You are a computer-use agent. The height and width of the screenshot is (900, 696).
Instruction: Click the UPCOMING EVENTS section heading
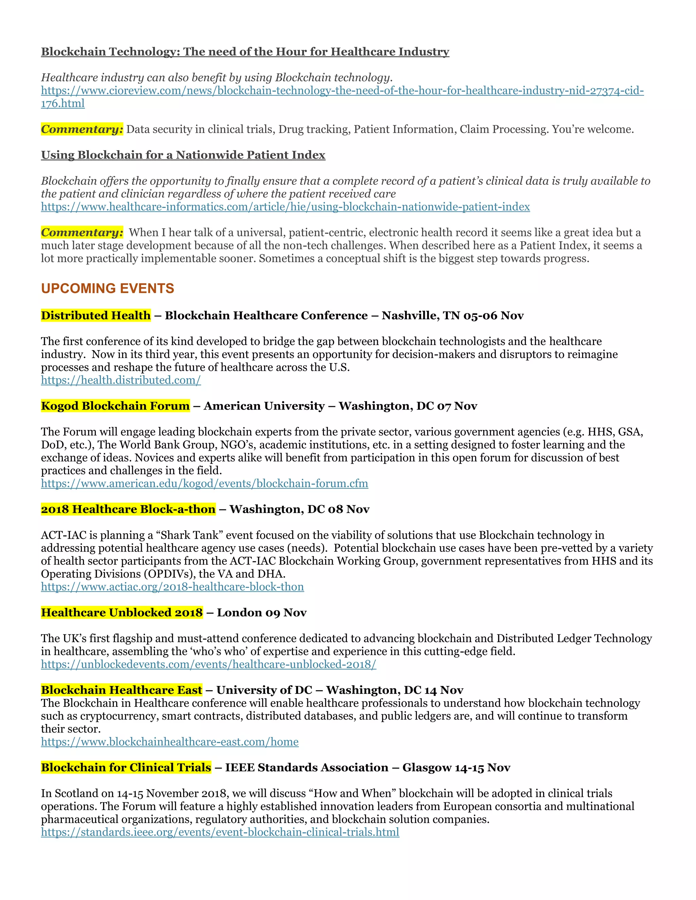point(108,288)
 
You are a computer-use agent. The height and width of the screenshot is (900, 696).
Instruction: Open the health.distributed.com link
point(121,380)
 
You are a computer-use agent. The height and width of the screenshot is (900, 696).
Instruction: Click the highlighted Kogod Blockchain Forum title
point(116,406)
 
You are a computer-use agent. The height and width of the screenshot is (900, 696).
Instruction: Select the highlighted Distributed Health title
point(95,316)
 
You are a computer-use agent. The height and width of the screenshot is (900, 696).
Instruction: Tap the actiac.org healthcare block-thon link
point(172,587)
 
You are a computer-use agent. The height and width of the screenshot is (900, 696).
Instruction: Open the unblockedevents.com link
point(208,664)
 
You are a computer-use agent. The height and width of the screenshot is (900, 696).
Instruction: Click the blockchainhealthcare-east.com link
point(170,742)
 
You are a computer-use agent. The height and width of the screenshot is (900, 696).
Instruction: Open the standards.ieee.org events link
point(220,832)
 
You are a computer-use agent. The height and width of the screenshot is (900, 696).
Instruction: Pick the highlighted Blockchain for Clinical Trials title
point(126,768)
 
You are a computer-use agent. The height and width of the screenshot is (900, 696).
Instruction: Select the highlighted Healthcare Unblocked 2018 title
point(122,613)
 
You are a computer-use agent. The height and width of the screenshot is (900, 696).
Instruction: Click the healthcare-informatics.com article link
point(285,207)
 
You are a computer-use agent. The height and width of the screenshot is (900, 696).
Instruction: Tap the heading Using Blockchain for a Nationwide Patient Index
point(183,155)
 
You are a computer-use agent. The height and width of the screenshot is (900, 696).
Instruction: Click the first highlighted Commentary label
point(82,129)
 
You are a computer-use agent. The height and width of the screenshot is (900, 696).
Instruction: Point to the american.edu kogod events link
point(204,483)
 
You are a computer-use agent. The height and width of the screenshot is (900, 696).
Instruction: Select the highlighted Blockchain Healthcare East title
point(122,690)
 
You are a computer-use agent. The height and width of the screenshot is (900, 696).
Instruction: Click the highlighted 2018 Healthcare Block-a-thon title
point(128,509)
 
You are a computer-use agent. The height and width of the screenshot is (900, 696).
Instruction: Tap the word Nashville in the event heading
point(410,316)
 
